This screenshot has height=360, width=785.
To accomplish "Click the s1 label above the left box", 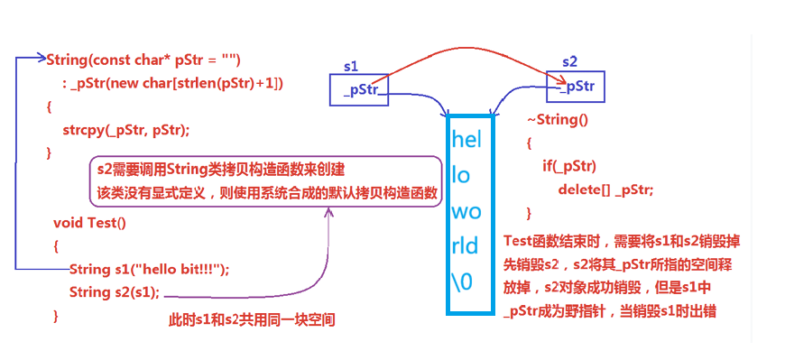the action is (x=351, y=66).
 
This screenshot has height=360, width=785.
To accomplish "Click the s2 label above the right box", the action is (x=569, y=61).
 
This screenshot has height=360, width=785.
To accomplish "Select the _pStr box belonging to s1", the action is (x=358, y=89).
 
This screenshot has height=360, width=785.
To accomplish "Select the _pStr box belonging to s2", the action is (x=576, y=87).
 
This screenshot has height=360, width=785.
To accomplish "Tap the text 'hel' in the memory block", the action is (x=466, y=139).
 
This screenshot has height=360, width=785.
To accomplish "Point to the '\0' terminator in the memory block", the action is (x=462, y=282).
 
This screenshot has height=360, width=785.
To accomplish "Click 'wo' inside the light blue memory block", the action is (x=466, y=212).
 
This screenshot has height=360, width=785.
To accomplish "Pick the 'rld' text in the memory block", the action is (x=465, y=245).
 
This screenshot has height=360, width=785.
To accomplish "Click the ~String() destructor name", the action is (x=558, y=120).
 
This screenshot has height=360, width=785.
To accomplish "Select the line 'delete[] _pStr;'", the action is (x=605, y=189).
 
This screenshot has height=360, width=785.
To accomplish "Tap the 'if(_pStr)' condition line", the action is (x=569, y=166).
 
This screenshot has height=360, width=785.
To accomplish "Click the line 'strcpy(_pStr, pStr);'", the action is (x=126, y=130).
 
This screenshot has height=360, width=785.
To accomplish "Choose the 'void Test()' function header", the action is (x=89, y=223).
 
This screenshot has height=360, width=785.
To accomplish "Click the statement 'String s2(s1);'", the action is (x=115, y=292).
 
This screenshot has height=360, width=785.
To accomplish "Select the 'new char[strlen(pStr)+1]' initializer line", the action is (x=173, y=84).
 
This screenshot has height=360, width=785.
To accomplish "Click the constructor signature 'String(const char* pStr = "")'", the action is (x=143, y=60).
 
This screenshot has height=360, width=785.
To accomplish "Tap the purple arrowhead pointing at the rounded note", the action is (x=328, y=213).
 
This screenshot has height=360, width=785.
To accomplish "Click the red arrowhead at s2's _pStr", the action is (x=562, y=81).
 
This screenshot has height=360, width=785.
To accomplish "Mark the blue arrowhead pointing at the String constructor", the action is (x=41, y=58).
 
